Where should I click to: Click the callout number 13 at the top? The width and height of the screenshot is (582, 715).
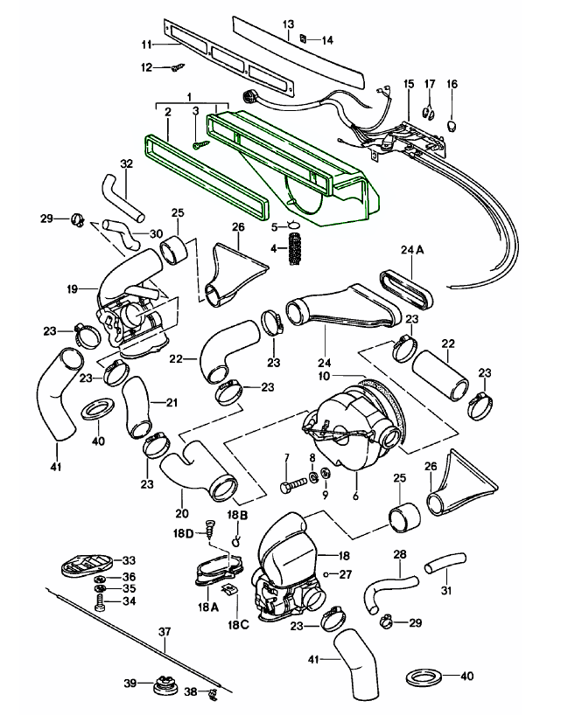click(x=289, y=24)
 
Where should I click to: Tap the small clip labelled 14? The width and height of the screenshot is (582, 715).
click(x=302, y=39)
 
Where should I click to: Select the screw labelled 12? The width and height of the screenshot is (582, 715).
click(x=177, y=66)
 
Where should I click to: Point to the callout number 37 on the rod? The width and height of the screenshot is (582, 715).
click(x=165, y=631)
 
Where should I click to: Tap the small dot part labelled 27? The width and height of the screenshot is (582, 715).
click(x=326, y=574)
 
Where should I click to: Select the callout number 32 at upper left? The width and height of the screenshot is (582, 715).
click(x=127, y=163)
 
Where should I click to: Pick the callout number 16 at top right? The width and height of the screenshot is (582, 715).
click(x=452, y=84)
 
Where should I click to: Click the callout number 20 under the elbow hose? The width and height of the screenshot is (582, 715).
click(x=181, y=513)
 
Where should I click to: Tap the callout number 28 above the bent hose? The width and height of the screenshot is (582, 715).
click(x=400, y=554)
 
